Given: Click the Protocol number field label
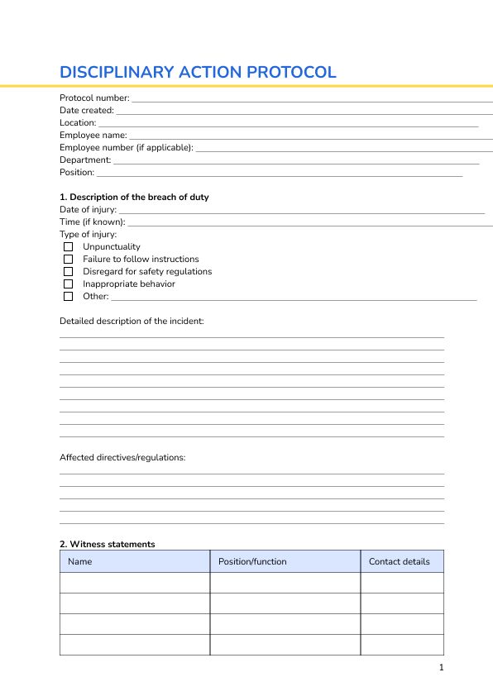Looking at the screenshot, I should pyautogui.click(x=94, y=98).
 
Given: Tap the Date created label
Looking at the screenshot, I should pyautogui.click(x=86, y=111).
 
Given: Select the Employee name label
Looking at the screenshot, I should pyautogui.click(x=93, y=135).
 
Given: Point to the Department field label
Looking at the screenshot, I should pyautogui.click(x=84, y=160).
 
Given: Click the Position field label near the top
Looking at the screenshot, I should pyautogui.click(x=77, y=172).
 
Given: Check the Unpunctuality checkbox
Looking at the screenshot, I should pyautogui.click(x=68, y=246).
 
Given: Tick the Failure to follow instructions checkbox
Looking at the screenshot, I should pyautogui.click(x=68, y=259).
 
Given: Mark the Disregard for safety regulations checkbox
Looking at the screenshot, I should pyautogui.click(x=68, y=271).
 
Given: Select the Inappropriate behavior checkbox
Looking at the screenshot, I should pyautogui.click(x=68, y=284).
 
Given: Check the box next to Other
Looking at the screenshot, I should pyautogui.click(x=68, y=296).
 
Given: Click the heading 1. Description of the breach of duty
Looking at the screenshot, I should pyautogui.click(x=134, y=197).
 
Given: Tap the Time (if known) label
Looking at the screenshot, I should pyautogui.click(x=92, y=222).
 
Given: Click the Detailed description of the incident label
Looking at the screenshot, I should pyautogui.click(x=132, y=321).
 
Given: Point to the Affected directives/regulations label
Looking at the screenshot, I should pyautogui.click(x=122, y=457).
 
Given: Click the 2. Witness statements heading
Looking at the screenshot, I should pyautogui.click(x=107, y=544).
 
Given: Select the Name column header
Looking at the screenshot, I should pyautogui.click(x=79, y=562).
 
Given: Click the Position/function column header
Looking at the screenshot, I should pyautogui.click(x=252, y=562).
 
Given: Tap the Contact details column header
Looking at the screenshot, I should pyautogui.click(x=399, y=562).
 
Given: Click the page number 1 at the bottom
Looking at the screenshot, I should pyautogui.click(x=442, y=668).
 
